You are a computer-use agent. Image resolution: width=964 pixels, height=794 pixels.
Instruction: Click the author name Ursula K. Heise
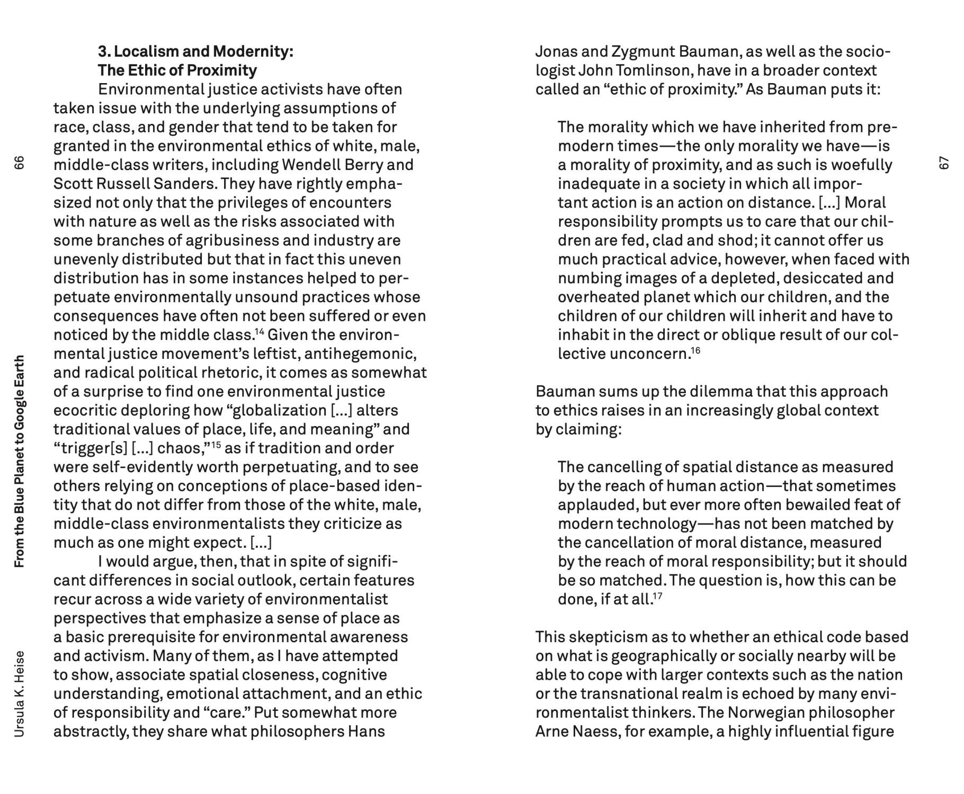(19, 693)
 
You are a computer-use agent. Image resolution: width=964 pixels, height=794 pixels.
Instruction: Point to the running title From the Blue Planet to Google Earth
(19, 461)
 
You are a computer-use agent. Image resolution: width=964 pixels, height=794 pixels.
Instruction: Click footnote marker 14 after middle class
(259, 332)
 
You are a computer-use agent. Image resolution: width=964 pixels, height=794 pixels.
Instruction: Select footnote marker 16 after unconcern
(695, 350)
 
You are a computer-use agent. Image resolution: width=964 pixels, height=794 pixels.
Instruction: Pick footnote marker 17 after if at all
(657, 596)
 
